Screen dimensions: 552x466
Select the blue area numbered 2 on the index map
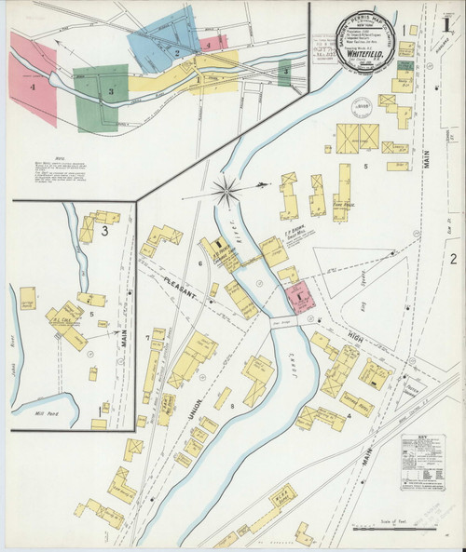tap(175, 51)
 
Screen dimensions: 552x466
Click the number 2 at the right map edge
tap(453, 259)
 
